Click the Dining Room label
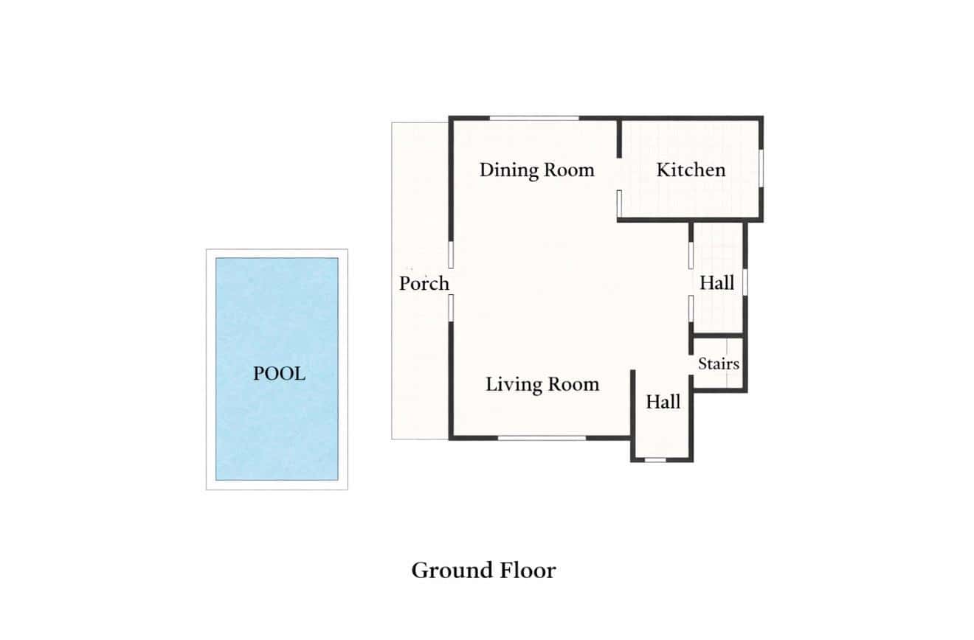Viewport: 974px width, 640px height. [x=537, y=170]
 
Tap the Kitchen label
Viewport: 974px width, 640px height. [x=691, y=170]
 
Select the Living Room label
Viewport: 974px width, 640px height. [x=542, y=385]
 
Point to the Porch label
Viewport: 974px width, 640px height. [x=424, y=284]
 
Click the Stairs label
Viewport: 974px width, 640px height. [x=719, y=364]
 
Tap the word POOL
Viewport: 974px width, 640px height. [x=279, y=374]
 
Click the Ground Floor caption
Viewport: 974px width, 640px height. [x=483, y=571]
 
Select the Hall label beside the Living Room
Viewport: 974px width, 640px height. [x=663, y=402]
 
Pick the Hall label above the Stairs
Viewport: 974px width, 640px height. [x=717, y=283]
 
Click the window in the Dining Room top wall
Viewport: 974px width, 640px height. [x=534, y=118]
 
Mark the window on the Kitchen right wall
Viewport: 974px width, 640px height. [x=761, y=169]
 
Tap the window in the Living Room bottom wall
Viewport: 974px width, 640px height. [x=542, y=438]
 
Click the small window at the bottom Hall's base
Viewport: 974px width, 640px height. [x=655, y=459]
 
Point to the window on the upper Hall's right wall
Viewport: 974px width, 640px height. [x=745, y=282]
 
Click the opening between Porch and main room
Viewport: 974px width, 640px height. [x=451, y=281]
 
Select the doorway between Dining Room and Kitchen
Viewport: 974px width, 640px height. [x=619, y=174]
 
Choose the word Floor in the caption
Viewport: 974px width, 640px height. [x=528, y=571]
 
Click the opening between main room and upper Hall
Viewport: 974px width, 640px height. [x=691, y=282]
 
